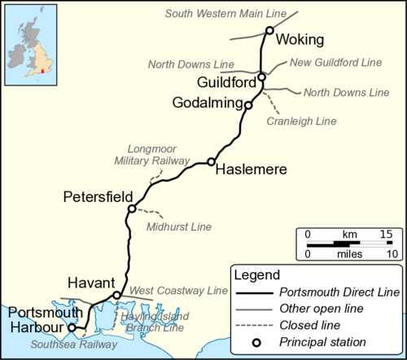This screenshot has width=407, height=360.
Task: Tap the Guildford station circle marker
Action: pyautogui.click(x=261, y=77)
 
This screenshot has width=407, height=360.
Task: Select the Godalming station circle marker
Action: pyautogui.click(x=248, y=104)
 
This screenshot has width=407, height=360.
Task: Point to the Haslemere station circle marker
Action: pyautogui.click(x=211, y=161)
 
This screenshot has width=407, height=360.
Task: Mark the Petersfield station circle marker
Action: pyautogui.click(x=131, y=209)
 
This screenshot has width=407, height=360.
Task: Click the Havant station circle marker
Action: pyautogui.click(x=117, y=295)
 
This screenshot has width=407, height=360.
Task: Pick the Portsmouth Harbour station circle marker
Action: pyautogui.click(x=72, y=327)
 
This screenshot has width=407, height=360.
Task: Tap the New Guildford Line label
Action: pyautogui.click(x=335, y=63)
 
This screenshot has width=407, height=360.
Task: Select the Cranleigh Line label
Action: pyautogui.click(x=301, y=121)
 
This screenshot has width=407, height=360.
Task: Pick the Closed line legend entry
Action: pyautogui.click(x=309, y=324)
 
